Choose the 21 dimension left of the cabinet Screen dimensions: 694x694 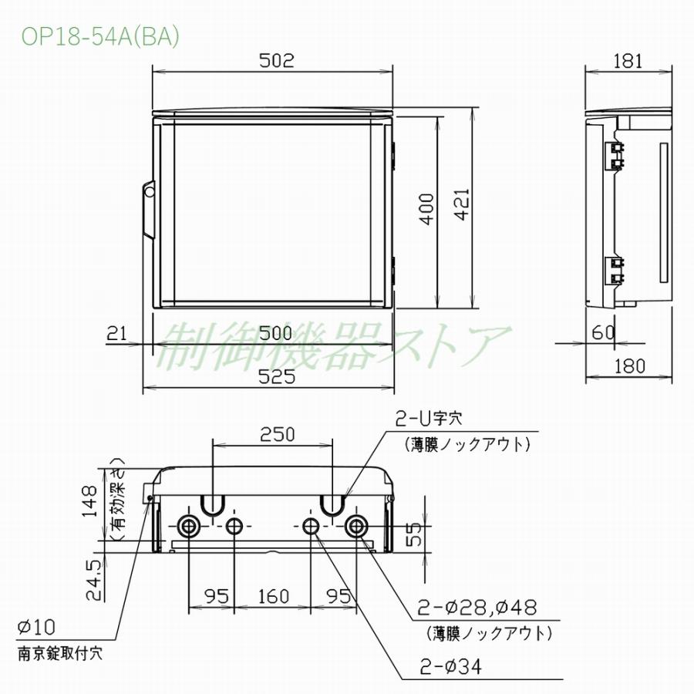point(116,333)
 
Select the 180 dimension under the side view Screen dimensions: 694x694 point(630,366)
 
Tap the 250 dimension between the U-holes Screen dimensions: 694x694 point(273,434)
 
